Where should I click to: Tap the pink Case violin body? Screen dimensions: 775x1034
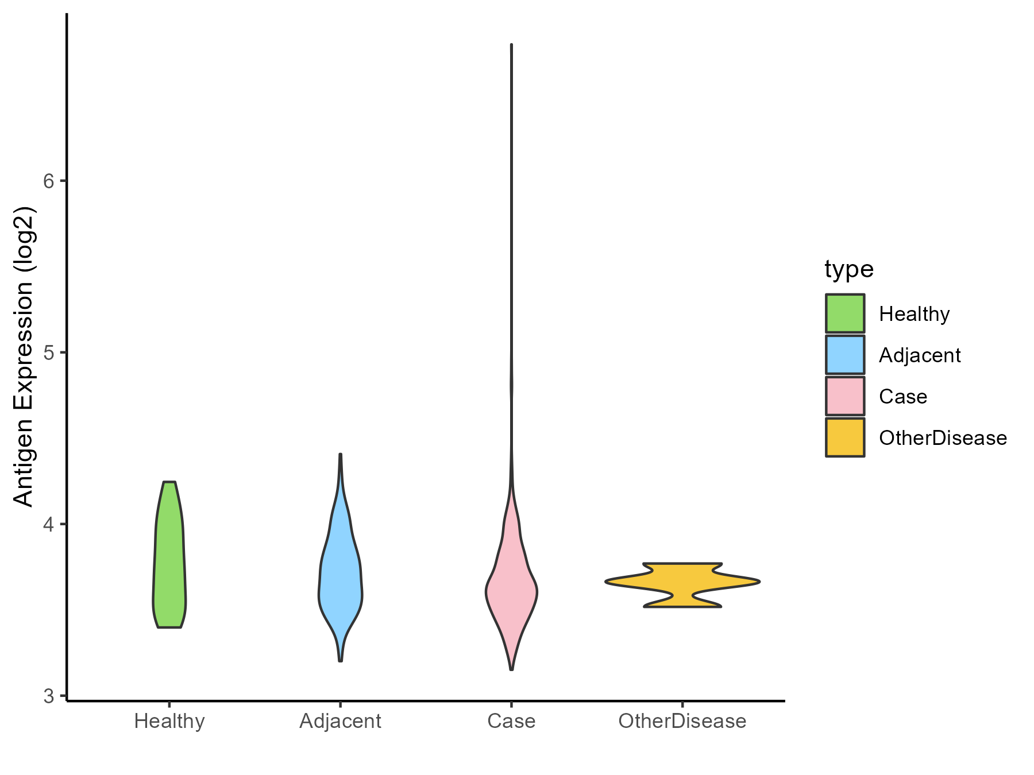click(x=511, y=591)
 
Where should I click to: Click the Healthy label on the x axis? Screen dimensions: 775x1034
click(x=169, y=721)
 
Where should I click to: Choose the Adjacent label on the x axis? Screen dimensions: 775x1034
click(x=340, y=721)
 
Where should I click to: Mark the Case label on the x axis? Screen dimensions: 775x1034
click(x=511, y=721)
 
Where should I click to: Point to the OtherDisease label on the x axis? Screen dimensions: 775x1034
click(x=682, y=721)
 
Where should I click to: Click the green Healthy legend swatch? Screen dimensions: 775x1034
click(x=845, y=313)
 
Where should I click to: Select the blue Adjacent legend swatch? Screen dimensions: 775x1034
click(x=845, y=355)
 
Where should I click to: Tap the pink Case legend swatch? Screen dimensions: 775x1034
click(x=845, y=396)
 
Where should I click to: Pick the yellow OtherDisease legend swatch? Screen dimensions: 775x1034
click(x=845, y=437)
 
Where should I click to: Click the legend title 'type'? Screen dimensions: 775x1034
click(x=849, y=269)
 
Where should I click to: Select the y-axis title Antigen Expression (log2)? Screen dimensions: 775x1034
click(x=24, y=356)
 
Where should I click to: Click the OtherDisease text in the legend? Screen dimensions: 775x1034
click(x=943, y=438)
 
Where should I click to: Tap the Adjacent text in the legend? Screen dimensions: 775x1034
click(x=920, y=355)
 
